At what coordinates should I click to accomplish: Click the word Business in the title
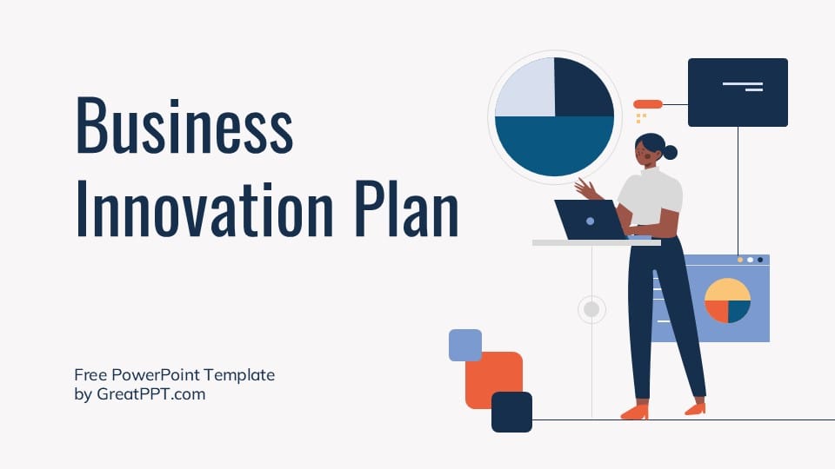184,126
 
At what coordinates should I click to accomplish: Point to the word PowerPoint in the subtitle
161,375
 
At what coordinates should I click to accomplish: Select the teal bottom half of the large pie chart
554,146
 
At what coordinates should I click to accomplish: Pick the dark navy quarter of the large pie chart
582,88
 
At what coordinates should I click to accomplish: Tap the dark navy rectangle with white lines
738,92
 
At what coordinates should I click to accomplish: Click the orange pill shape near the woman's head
648,104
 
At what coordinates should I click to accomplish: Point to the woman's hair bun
670,153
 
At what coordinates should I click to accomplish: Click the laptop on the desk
589,220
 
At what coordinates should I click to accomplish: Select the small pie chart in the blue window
727,301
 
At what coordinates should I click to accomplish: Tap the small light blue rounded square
465,345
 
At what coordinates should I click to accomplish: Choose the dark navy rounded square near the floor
511,412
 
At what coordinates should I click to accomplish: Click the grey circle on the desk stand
591,308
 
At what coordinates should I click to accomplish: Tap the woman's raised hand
584,188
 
